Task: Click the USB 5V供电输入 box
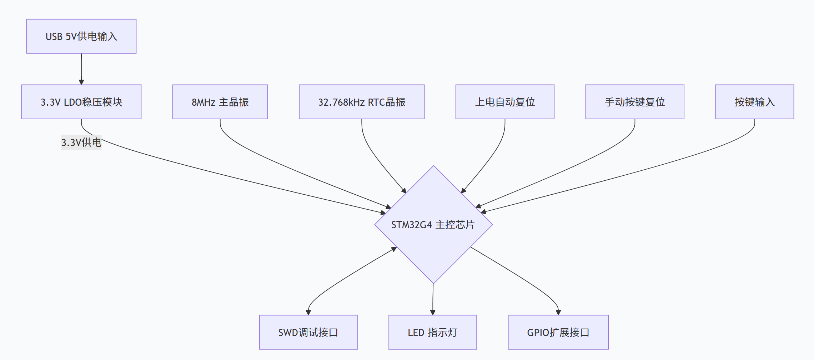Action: click(x=81, y=36)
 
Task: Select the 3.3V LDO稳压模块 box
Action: click(x=81, y=102)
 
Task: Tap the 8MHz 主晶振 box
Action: click(x=220, y=102)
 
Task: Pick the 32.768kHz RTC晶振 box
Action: click(x=361, y=102)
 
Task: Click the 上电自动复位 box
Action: click(x=505, y=102)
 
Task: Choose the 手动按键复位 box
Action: click(x=635, y=102)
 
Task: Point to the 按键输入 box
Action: click(x=754, y=102)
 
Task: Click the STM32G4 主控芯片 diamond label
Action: click(x=433, y=225)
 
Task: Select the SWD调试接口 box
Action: click(x=308, y=332)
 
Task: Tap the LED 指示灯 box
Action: click(x=432, y=332)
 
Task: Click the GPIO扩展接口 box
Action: click(x=558, y=332)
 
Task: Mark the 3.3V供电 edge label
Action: click(x=81, y=142)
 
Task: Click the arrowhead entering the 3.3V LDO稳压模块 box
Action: click(x=81, y=82)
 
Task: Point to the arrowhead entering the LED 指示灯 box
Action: click(x=433, y=312)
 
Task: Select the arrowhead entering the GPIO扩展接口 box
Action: click(x=558, y=312)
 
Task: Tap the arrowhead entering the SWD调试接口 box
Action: click(x=308, y=312)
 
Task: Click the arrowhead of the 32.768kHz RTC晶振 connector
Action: click(x=404, y=191)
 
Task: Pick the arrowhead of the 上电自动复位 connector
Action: click(x=463, y=191)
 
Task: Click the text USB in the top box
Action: click(x=54, y=36)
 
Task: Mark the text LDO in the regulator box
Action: click(x=73, y=102)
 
